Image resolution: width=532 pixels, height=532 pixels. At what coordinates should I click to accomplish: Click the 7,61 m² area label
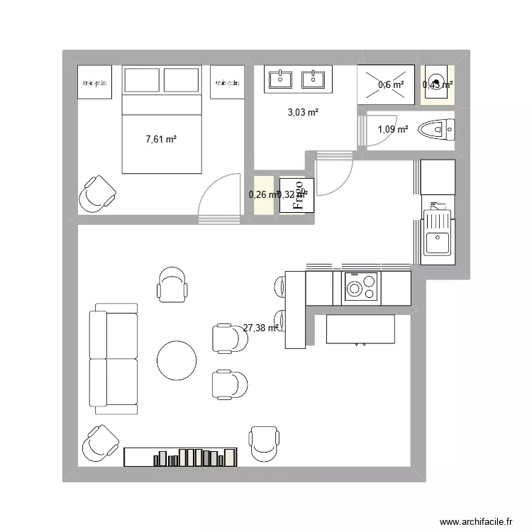click(x=161, y=140)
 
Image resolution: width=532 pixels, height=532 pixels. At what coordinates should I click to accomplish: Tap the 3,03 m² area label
click(x=303, y=111)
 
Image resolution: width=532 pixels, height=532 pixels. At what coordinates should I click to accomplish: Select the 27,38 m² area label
click(x=260, y=328)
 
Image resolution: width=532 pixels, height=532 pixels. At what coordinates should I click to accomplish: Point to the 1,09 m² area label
click(x=392, y=129)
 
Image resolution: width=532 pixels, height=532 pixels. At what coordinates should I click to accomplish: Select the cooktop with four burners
click(x=361, y=287)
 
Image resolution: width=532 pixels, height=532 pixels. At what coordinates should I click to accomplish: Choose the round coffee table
click(x=176, y=360)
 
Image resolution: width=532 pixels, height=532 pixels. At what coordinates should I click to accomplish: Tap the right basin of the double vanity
click(x=313, y=79)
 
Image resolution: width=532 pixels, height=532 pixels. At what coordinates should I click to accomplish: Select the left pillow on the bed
click(x=143, y=80)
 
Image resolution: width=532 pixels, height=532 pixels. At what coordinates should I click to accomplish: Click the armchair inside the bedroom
click(x=97, y=193)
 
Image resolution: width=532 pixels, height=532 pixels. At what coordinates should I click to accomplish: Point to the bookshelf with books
click(x=180, y=457)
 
